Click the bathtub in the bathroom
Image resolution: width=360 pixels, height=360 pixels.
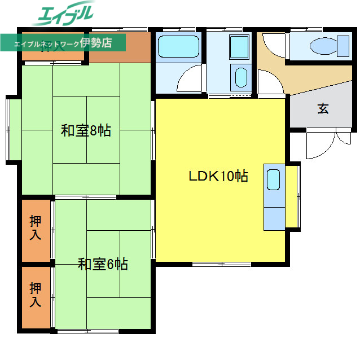[x=178, y=47]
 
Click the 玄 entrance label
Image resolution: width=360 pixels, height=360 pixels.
[x=323, y=108]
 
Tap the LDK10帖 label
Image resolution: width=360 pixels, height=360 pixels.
[x=218, y=176]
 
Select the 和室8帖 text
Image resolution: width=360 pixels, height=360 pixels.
[x=86, y=131]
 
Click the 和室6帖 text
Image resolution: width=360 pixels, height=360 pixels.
[x=103, y=264]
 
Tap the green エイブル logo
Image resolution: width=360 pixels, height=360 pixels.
[x=65, y=15]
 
